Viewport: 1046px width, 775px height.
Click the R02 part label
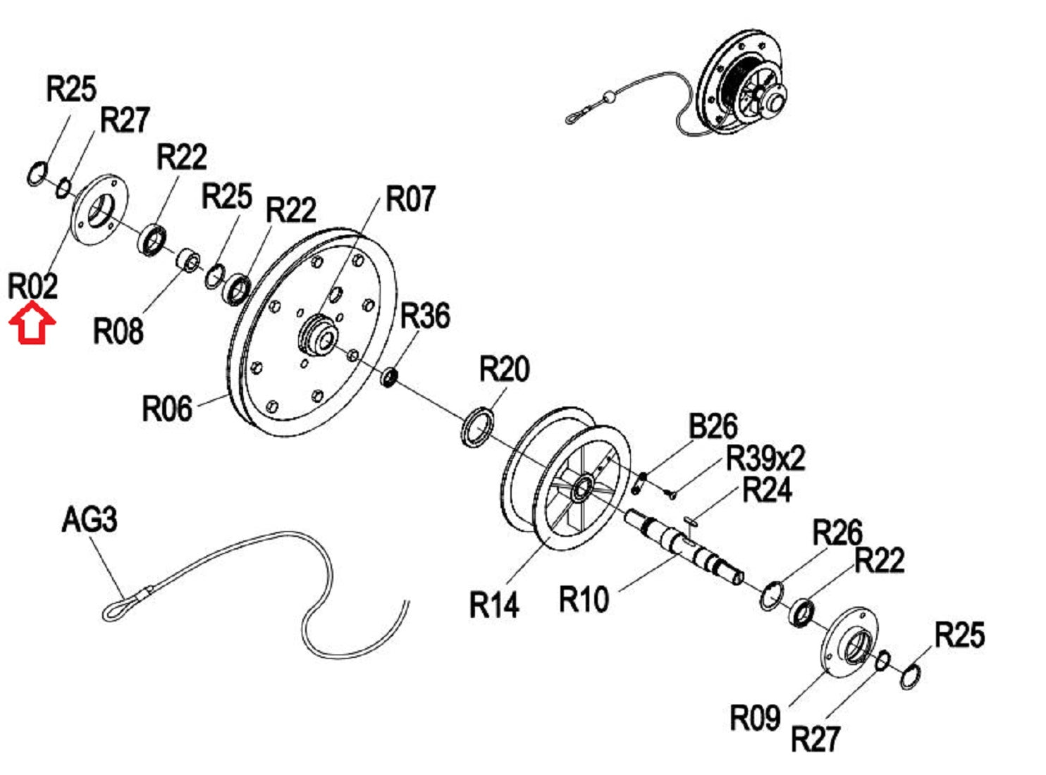pos(32,286)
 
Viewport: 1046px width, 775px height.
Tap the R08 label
pos(118,330)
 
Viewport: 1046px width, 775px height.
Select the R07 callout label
pos(410,199)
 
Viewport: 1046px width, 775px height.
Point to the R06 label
pos(166,409)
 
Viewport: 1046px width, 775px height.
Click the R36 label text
pos(425,316)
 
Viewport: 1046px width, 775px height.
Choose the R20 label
pos(504,368)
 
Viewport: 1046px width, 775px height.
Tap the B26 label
pos(713,427)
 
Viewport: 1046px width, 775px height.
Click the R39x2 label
pos(765,459)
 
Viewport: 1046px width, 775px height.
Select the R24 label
pos(768,490)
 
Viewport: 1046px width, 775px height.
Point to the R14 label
pos(494,604)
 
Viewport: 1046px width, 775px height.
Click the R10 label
pos(584,600)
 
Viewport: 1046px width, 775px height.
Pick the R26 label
pos(837,533)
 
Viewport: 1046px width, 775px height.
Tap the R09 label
pos(754,718)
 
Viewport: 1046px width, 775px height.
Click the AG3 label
pos(90,520)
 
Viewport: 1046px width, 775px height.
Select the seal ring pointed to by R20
pos(477,426)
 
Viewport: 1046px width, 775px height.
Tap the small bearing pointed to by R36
pos(390,377)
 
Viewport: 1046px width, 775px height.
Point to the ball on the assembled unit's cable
pos(608,97)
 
